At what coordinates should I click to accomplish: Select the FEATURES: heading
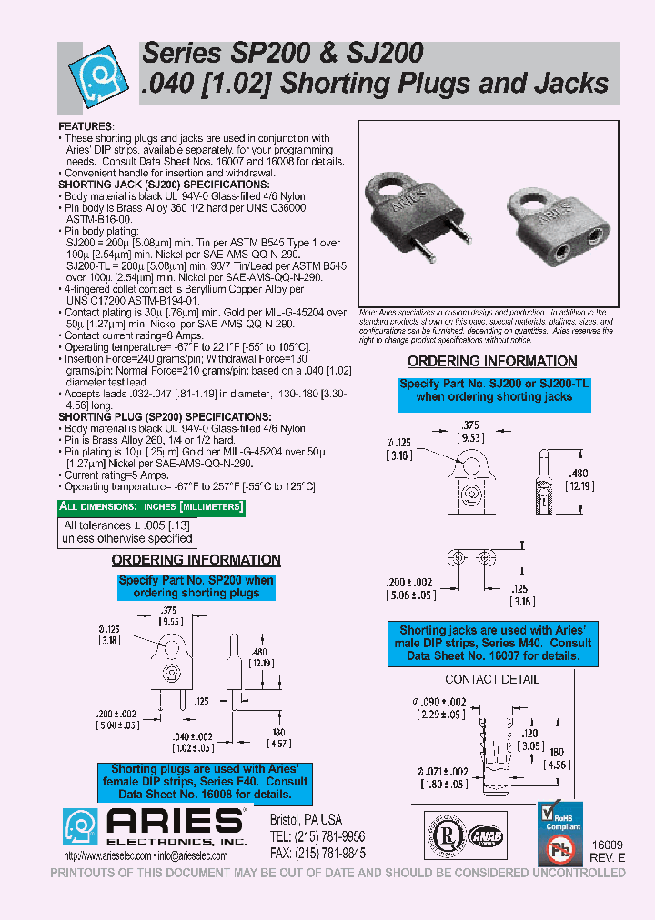(86, 125)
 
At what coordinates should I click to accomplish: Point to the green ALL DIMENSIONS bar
(151, 506)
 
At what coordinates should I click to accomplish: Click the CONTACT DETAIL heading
(492, 679)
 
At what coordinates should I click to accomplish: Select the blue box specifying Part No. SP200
(196, 586)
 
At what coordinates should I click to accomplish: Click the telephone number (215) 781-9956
(317, 836)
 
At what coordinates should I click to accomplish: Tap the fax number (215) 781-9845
(317, 853)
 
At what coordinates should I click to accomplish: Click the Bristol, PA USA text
(306, 819)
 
